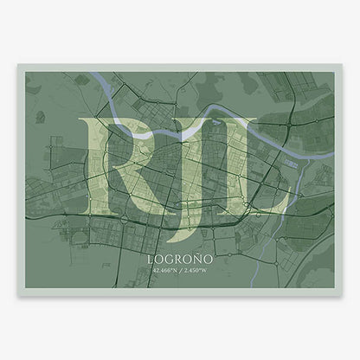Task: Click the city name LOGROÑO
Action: [180, 258]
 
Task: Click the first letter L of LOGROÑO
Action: [151, 258]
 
